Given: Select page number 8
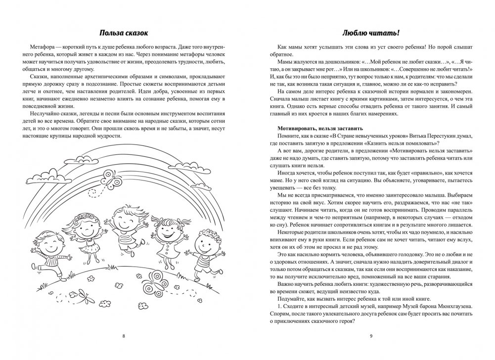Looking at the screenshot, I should click(123, 336).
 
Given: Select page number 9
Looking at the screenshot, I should click(370, 336).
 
